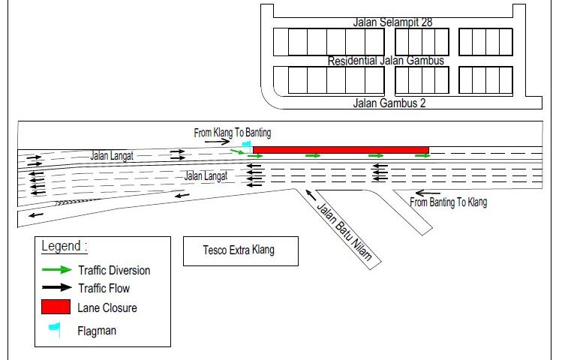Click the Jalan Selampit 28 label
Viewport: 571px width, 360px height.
pos(392,22)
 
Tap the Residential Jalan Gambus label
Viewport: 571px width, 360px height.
pos(386,61)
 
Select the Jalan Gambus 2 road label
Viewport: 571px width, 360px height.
pos(389,103)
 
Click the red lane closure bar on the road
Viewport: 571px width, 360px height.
pos(341,150)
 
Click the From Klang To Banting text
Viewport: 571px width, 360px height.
pos(233,133)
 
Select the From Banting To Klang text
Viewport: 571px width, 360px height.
pos(449,202)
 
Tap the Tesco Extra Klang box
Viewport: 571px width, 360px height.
pos(241,250)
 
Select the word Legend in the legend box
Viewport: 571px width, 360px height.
pos(64,246)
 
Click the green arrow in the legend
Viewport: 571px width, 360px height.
pos(56,270)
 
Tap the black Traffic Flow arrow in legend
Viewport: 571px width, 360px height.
pos(56,288)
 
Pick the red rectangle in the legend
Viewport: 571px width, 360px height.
pos(56,307)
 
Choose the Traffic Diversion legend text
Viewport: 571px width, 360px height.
pos(114,270)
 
